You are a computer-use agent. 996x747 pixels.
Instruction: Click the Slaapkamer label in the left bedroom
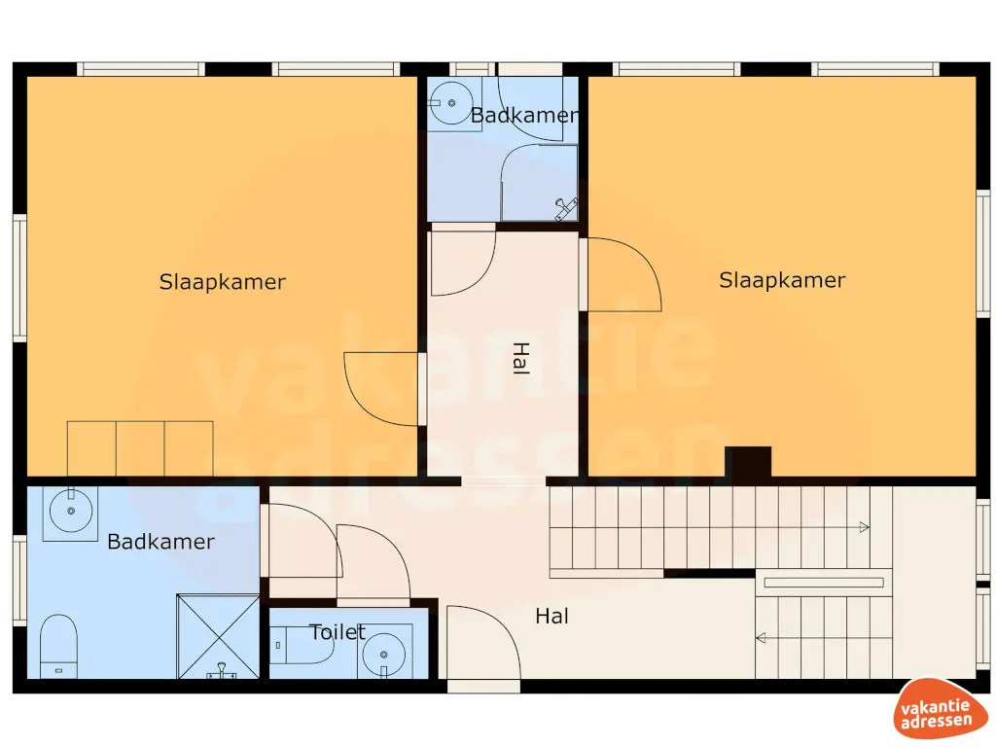[222, 282]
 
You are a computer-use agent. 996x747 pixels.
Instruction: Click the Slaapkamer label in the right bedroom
[782, 280]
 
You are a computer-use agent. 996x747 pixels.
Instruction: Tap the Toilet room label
[338, 632]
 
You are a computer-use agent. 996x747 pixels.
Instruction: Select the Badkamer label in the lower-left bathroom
[160, 542]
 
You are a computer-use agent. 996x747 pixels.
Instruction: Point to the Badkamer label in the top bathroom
[524, 116]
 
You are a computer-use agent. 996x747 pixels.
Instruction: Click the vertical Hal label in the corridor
[520, 359]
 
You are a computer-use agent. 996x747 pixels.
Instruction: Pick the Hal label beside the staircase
[551, 616]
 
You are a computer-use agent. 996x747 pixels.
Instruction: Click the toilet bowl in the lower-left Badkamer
[59, 645]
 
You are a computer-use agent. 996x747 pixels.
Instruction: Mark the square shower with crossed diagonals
[218, 636]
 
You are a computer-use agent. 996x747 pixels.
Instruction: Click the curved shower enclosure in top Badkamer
[538, 183]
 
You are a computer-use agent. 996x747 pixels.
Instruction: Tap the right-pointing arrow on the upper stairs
[862, 527]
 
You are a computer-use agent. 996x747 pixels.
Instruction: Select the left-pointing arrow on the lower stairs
[763, 638]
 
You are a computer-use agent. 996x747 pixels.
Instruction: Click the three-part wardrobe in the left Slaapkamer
[140, 448]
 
